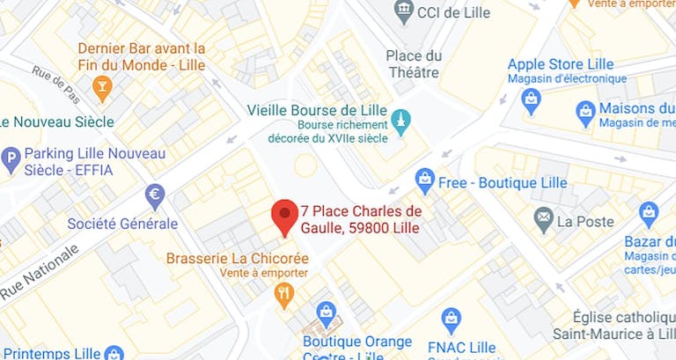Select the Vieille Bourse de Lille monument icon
(x=401, y=121)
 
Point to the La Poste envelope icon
(x=544, y=216)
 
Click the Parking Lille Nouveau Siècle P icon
(x=11, y=160)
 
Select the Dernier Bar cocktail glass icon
(x=102, y=86)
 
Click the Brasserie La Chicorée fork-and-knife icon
(x=283, y=295)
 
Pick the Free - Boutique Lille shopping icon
(x=425, y=180)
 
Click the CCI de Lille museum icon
(x=404, y=12)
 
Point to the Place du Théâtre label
(x=415, y=64)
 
